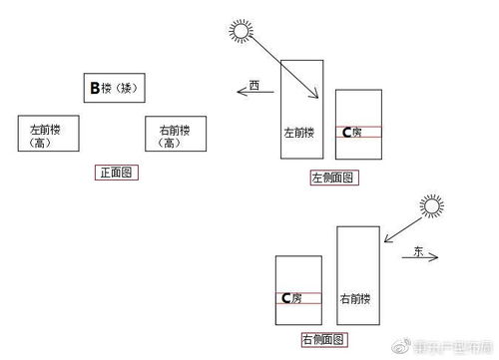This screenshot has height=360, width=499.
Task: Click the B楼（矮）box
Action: (118, 89)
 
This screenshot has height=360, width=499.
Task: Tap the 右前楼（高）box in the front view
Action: (171, 134)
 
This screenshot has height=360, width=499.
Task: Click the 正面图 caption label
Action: (116, 173)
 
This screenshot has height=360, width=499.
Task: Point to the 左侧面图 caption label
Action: (334, 178)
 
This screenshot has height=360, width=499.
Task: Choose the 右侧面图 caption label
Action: (323, 339)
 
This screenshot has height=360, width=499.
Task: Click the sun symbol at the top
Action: (241, 29)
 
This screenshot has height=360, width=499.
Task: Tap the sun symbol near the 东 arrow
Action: (430, 206)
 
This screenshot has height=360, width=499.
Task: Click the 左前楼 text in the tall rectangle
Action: (299, 132)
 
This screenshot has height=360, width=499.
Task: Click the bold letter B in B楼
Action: (95, 89)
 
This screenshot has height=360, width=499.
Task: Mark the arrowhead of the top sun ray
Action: (316, 99)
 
